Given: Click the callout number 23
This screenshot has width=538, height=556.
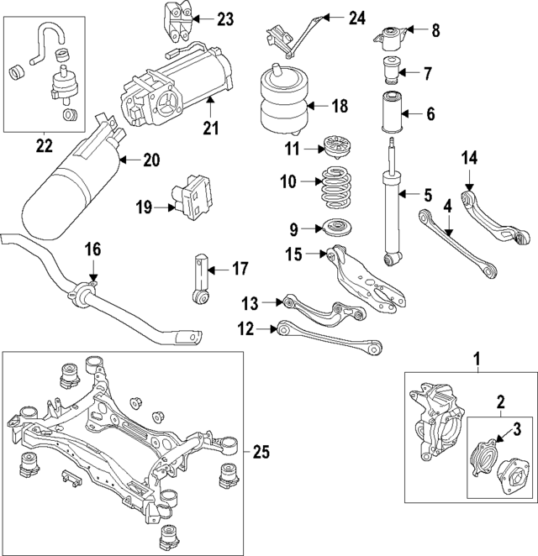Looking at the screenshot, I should click(225, 18).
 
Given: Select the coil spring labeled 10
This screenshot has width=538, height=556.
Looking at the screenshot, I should click(337, 190).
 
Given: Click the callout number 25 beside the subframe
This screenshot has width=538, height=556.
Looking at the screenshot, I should click(261, 453).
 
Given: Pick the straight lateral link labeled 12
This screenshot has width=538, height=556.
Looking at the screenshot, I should click(328, 338).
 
